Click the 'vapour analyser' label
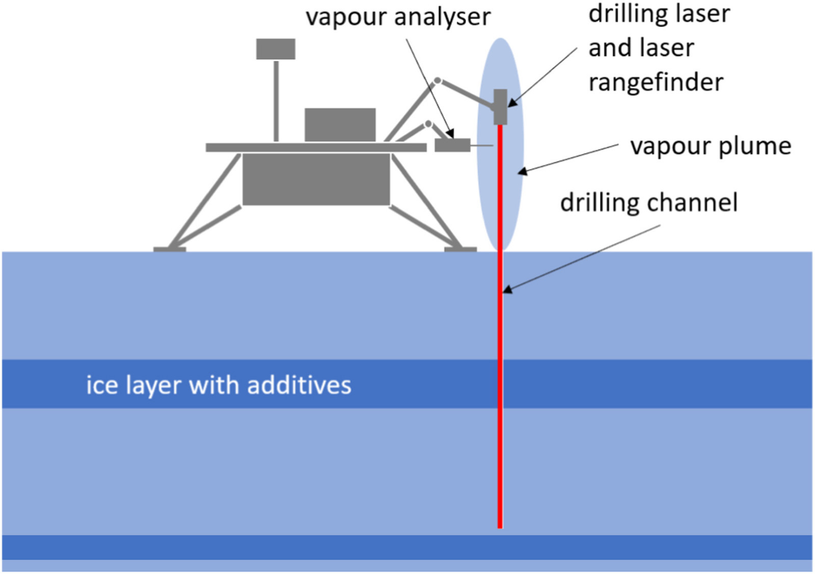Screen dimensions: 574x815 click(398, 17)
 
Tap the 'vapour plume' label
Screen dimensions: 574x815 click(710, 146)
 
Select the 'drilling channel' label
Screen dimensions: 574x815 click(648, 203)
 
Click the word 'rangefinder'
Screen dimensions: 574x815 click(656, 83)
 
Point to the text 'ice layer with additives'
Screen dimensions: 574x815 click(219, 385)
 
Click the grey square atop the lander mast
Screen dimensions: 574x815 click(276, 49)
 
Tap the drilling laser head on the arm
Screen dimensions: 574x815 click(500, 107)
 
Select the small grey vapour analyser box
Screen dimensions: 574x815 click(452, 145)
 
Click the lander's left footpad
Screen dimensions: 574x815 click(170, 249)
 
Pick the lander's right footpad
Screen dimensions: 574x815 click(460, 249)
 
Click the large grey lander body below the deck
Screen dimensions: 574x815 click(316, 179)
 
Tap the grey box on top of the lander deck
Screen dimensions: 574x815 click(340, 124)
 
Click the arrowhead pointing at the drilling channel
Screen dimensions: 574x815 click(507, 290)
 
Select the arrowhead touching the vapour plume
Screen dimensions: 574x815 click(522, 172)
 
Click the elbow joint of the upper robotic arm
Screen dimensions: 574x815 click(437, 81)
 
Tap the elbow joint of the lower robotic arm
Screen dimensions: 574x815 click(428, 124)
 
